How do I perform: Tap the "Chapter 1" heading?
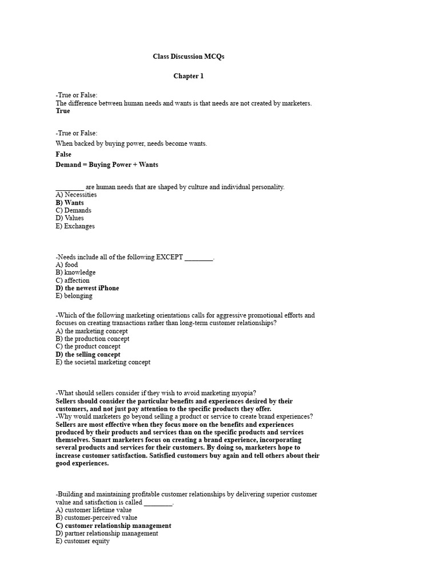point(189,76)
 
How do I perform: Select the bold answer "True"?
point(63,111)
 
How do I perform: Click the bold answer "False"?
point(63,154)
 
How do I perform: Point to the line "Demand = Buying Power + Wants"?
point(107,165)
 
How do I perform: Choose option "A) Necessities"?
point(76,195)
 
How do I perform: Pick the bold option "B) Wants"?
point(70,203)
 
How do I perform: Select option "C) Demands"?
point(73,210)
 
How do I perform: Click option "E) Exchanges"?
point(75,226)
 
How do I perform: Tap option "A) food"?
point(67,265)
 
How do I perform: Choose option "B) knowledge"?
point(75,273)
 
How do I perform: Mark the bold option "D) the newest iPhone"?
point(87,289)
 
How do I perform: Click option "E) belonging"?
point(74,296)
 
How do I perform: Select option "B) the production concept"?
point(92,339)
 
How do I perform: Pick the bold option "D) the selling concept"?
point(88,355)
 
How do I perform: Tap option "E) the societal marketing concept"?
point(103,362)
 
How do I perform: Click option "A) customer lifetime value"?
point(93,510)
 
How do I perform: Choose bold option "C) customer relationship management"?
point(113,526)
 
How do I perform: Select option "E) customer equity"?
point(82,541)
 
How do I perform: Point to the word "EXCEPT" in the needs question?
point(169,257)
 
